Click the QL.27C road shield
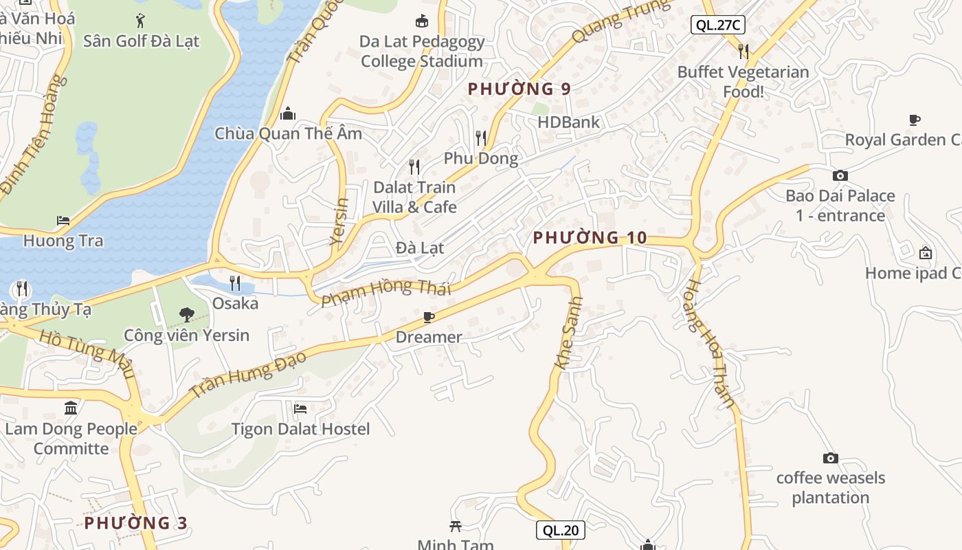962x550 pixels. tap(717, 25)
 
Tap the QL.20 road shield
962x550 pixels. tap(561, 530)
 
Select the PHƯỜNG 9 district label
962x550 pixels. tap(519, 89)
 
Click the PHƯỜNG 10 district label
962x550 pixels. tap(590, 238)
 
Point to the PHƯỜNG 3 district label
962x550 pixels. tap(136, 523)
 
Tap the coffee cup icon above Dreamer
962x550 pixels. tap(429, 317)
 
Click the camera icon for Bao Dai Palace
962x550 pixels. tap(840, 175)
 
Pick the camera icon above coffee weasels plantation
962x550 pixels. tap(830, 458)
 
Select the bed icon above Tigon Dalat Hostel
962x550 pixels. tap(300, 409)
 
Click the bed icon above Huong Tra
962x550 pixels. tap(63, 221)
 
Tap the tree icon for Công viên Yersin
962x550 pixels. tap(186, 315)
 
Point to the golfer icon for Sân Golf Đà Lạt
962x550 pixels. tap(141, 19)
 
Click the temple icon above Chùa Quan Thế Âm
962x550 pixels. tap(288, 113)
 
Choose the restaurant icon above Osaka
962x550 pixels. tap(235, 283)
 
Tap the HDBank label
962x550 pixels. tap(568, 122)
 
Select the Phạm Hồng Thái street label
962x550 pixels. tap(386, 292)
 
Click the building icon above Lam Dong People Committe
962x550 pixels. tap(71, 408)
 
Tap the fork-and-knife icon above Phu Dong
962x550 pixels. tap(481, 138)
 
